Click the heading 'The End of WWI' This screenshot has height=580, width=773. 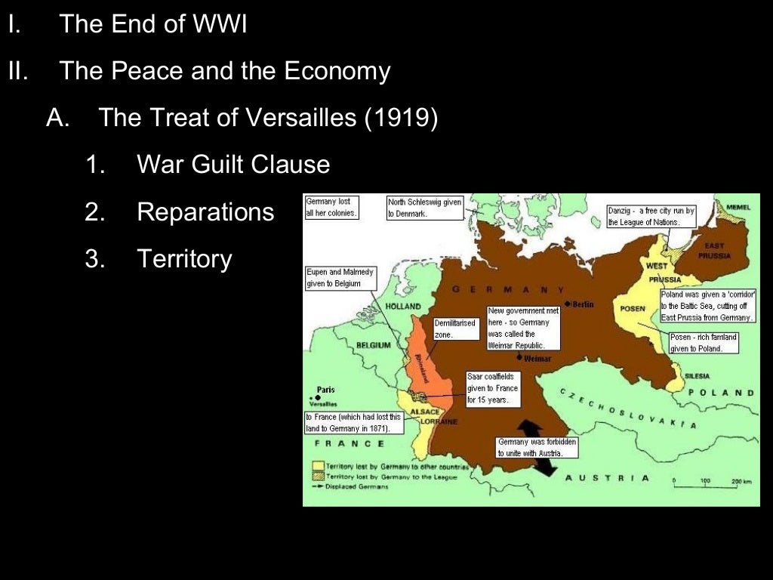pyautogui.click(x=152, y=24)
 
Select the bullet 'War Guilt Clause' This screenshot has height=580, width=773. pyautogui.click(x=233, y=164)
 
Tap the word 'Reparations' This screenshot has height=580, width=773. pyautogui.click(x=205, y=211)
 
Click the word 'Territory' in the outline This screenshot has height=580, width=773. pyautogui.click(x=184, y=259)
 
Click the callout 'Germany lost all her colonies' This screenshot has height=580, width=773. pyautogui.click(x=331, y=207)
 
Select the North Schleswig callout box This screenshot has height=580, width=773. pyautogui.click(x=423, y=208)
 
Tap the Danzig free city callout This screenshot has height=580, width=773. pyautogui.click(x=651, y=216)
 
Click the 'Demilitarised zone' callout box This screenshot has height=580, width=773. pyautogui.click(x=455, y=329)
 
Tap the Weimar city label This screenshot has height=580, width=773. pyautogui.click(x=537, y=358)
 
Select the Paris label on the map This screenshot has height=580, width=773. pyautogui.click(x=325, y=390)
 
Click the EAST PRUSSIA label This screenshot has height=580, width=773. pyautogui.click(x=714, y=251)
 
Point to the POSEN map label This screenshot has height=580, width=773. pyautogui.click(x=633, y=309)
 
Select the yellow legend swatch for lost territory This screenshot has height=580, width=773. pyautogui.click(x=318, y=466)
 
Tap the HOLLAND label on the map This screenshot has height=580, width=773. pyautogui.click(x=404, y=307)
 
